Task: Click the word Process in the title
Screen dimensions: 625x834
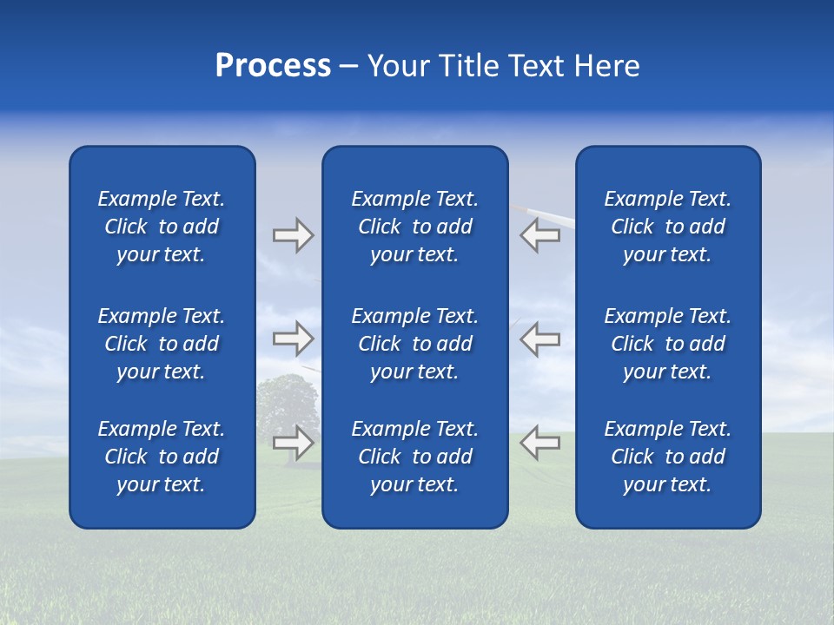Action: pos(273,66)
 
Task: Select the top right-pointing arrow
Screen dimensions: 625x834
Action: pos(293,236)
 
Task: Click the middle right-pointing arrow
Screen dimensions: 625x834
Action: pos(293,339)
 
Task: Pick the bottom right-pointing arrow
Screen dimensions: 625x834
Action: pos(293,443)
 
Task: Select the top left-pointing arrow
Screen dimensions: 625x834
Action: pos(539,236)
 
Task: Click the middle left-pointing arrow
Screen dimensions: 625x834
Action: pos(539,339)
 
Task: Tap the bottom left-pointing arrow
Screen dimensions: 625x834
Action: pos(539,443)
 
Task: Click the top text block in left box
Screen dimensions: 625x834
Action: pos(162,227)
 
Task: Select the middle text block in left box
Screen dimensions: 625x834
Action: pos(162,344)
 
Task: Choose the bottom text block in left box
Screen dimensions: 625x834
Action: pos(162,457)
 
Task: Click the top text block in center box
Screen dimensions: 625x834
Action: pos(415,227)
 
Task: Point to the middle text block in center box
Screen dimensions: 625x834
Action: pos(415,344)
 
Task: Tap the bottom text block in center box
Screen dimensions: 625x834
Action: pos(415,457)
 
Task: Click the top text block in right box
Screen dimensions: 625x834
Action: pos(668,227)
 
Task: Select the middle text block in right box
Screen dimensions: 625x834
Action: pos(668,344)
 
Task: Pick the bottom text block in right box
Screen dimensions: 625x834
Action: pos(668,457)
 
